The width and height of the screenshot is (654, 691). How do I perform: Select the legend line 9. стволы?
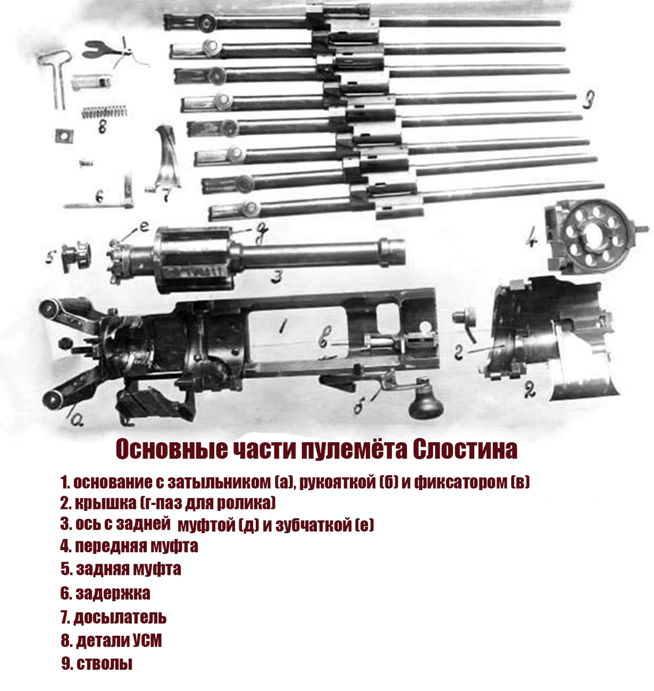coord(97,663)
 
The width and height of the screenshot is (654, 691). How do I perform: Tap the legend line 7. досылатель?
coord(114,617)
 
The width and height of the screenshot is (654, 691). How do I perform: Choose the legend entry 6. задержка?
coord(105,593)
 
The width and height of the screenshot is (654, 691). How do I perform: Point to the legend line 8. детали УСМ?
coord(111,640)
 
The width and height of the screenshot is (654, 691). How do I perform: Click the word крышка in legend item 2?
coord(105,503)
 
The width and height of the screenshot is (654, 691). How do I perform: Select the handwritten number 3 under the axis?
coord(277,278)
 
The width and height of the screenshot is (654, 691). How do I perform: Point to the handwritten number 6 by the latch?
coord(99,196)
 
